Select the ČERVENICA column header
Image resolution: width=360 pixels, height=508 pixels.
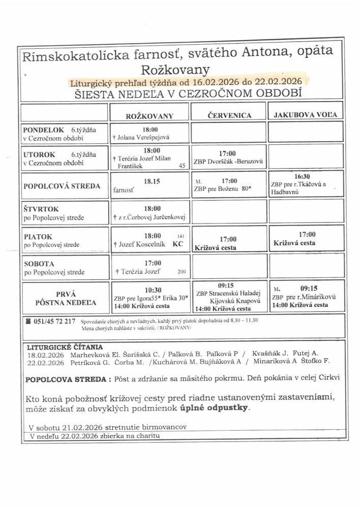229,115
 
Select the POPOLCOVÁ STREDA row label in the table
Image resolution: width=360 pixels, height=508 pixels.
62,186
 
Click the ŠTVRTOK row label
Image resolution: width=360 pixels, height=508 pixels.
39,209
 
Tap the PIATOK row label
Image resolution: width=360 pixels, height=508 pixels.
35,236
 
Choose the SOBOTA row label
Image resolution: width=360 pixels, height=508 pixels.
37,264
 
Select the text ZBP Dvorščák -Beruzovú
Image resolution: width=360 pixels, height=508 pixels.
228,161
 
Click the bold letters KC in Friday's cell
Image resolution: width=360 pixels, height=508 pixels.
177,244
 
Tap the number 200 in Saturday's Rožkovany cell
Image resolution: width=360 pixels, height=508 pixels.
182,272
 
